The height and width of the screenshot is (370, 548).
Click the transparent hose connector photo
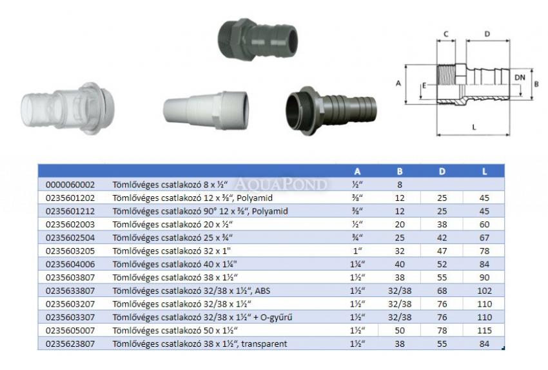click(x=68, y=108)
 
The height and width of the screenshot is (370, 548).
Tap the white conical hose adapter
click(x=206, y=110)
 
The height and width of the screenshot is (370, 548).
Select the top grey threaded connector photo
click(x=258, y=39)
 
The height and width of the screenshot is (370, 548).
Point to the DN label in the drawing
click(x=520, y=77)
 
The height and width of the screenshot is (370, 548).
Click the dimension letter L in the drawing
click(x=474, y=127)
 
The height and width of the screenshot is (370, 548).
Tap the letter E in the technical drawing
click(x=424, y=85)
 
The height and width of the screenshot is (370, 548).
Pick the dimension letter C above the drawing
click(x=445, y=34)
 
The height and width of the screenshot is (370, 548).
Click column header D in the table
click(x=442, y=172)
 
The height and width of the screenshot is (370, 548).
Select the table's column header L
click(x=484, y=172)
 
